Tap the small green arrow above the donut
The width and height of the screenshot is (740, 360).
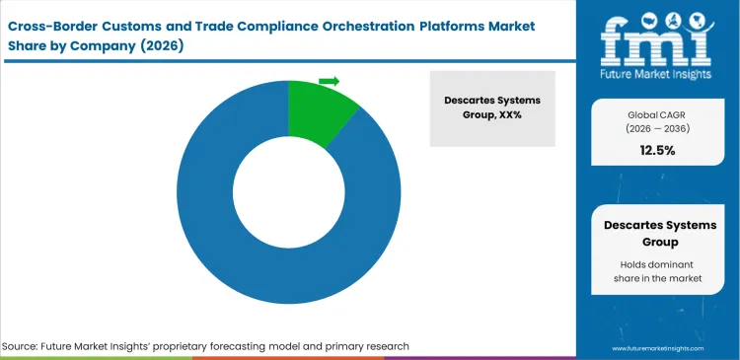click(x=329, y=81)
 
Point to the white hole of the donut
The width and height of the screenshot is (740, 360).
click(x=288, y=192)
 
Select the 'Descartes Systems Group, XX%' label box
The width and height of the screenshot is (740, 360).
click(x=492, y=108)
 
